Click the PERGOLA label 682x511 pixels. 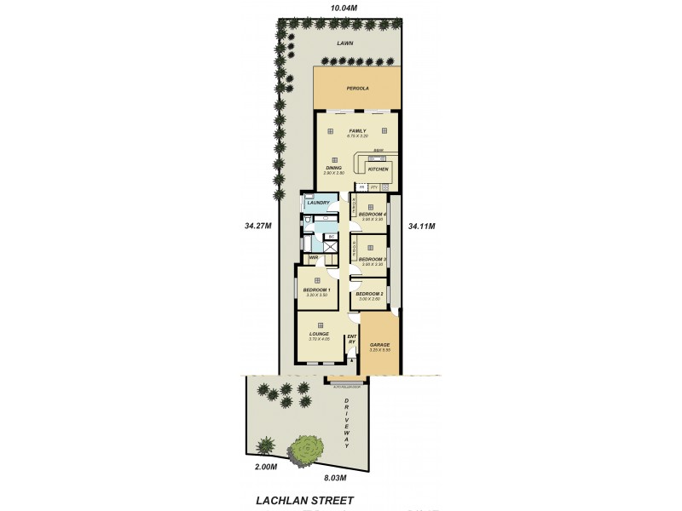(x=356, y=88)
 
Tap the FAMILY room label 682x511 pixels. (x=356, y=130)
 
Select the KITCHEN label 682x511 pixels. (x=378, y=169)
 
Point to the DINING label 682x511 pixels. (x=333, y=168)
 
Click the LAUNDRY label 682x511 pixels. (x=318, y=203)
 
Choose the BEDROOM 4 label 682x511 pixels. (x=373, y=214)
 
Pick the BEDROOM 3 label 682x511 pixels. (x=373, y=259)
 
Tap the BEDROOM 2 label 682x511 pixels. (x=370, y=294)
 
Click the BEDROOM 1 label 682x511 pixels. (x=316, y=290)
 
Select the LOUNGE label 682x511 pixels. (x=320, y=334)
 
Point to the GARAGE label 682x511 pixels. (x=379, y=345)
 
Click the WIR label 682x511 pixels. (x=313, y=257)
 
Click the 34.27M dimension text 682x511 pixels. (x=257, y=226)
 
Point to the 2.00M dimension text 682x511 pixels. (x=266, y=467)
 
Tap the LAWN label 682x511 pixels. (x=344, y=42)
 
